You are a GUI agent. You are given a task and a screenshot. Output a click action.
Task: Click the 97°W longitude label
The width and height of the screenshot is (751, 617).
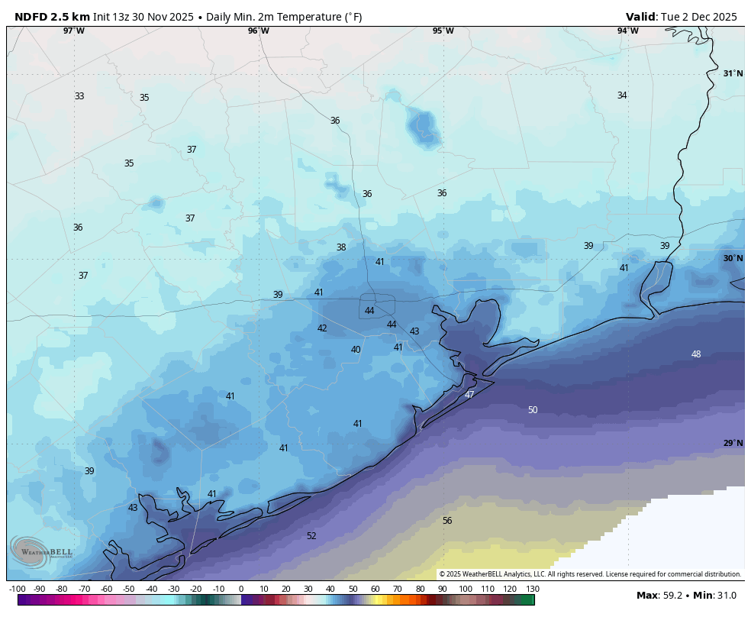pyautogui.click(x=74, y=31)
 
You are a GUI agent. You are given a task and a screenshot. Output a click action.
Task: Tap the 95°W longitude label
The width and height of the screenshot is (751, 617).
pyautogui.click(x=443, y=31)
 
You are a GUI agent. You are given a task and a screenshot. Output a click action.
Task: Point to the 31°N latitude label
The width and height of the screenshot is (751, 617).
pyautogui.click(x=733, y=74)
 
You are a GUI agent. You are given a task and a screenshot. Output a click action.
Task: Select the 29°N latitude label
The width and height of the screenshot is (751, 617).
pyautogui.click(x=733, y=444)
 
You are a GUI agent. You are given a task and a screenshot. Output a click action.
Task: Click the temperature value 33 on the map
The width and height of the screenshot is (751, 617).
pyautogui.click(x=79, y=96)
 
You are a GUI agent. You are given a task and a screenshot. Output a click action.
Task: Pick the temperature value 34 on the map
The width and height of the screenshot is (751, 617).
pyautogui.click(x=622, y=95)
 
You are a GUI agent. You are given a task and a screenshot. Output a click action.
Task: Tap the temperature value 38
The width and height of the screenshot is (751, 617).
pyautogui.click(x=341, y=247)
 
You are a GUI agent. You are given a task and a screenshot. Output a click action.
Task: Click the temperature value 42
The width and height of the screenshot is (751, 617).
pyautogui.click(x=322, y=328)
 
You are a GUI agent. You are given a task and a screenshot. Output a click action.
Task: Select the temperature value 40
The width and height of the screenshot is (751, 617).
pyautogui.click(x=356, y=350)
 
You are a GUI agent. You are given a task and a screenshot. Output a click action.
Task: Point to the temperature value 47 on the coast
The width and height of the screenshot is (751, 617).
pyautogui.click(x=469, y=395)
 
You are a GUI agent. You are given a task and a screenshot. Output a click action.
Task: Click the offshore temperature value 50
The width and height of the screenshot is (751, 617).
pyautogui.click(x=533, y=410)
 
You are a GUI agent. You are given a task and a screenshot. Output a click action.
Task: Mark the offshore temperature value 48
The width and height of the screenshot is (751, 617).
pyautogui.click(x=696, y=354)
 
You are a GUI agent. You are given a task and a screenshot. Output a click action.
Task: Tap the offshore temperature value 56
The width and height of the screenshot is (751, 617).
pyautogui.click(x=447, y=521)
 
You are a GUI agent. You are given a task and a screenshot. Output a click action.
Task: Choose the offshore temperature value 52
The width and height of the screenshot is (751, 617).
pyautogui.click(x=311, y=536)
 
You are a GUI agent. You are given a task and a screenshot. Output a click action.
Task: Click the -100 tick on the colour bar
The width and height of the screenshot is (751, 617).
pyautogui.click(x=17, y=589)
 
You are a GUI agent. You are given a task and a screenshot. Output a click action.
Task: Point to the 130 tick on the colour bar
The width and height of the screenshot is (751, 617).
pyautogui.click(x=533, y=589)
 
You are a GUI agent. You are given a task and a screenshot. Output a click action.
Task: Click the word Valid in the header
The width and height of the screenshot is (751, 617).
pyautogui.click(x=641, y=17)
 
